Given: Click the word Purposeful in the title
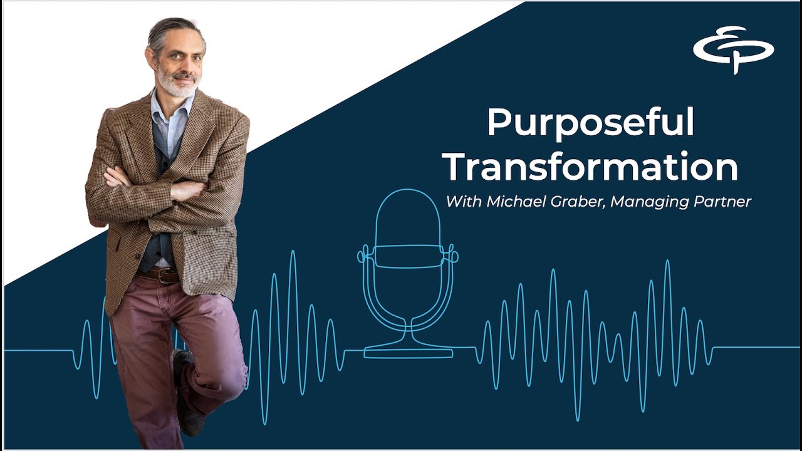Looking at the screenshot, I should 590,123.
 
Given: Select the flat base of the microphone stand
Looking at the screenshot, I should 409,353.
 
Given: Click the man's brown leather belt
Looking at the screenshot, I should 160,274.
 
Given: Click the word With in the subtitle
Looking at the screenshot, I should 460,202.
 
